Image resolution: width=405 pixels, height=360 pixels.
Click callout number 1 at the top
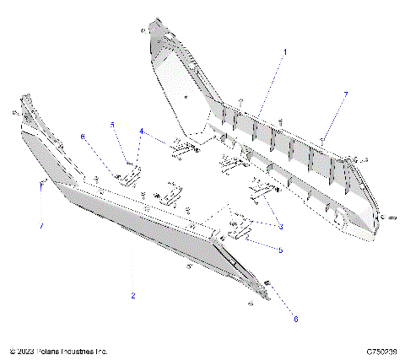pos(285,52)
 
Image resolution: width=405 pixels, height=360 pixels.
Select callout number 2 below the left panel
pos(132,296)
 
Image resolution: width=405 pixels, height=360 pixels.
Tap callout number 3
pos(280,227)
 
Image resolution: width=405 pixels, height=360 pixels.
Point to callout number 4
pos(142,131)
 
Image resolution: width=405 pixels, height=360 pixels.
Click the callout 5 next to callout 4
pos(111,125)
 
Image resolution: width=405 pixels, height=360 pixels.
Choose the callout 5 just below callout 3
pos(280,250)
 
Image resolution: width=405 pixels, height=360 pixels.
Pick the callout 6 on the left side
pos(83,136)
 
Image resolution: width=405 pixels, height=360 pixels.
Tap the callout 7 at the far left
pos(40,226)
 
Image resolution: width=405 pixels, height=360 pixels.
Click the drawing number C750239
pos(382,351)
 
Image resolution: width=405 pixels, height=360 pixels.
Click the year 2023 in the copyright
pos(24,351)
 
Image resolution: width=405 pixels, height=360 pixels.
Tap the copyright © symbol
pos(12,351)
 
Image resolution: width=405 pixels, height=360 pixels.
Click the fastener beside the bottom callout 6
pos(267,282)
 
